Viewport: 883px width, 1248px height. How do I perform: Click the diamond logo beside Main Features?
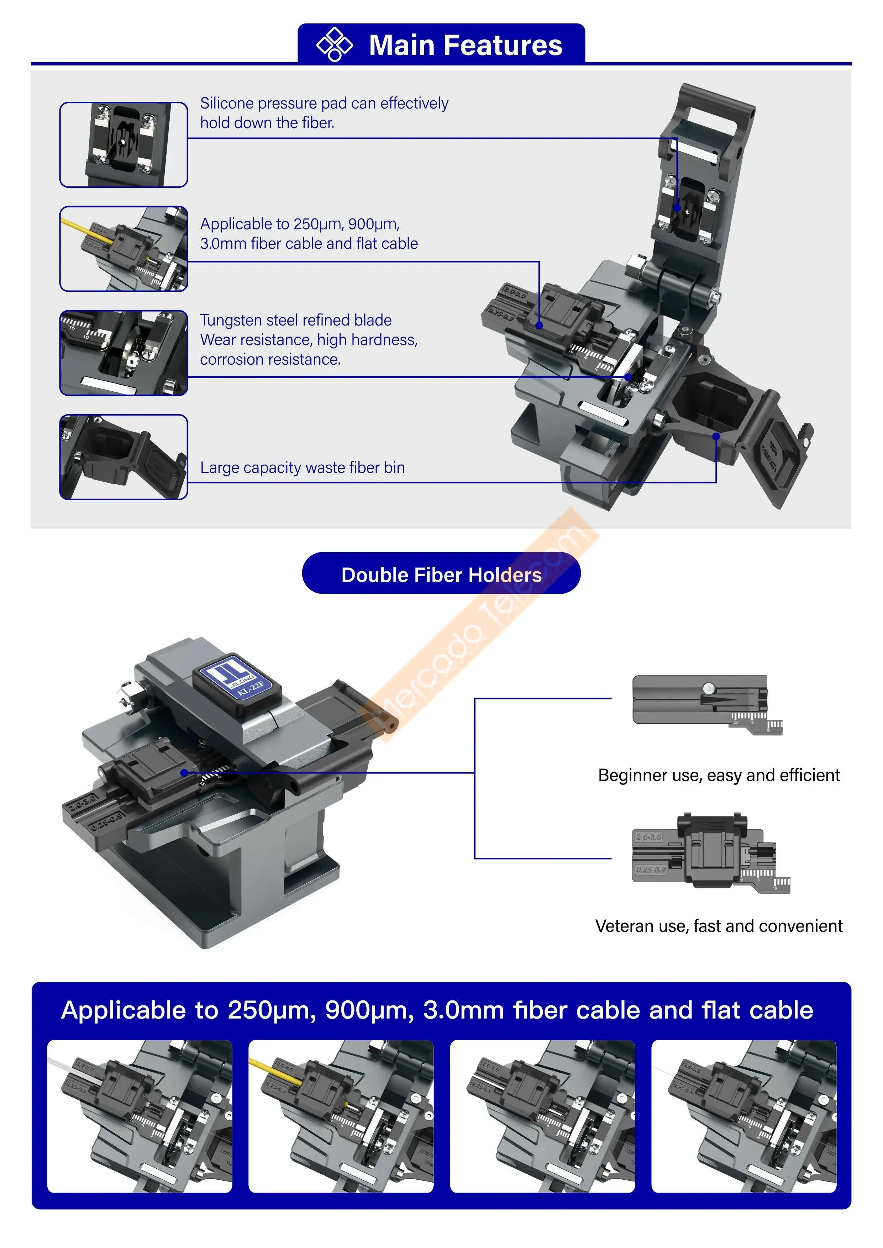click(335, 44)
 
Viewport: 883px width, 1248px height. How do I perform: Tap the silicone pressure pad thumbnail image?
click(123, 144)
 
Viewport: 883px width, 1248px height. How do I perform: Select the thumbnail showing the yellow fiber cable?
click(123, 249)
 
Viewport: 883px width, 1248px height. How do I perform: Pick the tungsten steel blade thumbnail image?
click(123, 353)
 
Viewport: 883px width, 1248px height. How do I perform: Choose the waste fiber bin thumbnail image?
click(123, 457)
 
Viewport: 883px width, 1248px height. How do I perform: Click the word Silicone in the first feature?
click(227, 103)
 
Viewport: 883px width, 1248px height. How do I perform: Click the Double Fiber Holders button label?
click(441, 575)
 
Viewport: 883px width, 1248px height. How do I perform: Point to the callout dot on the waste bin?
click(716, 436)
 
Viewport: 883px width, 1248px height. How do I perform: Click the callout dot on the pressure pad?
click(678, 208)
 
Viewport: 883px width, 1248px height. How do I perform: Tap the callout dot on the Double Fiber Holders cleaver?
click(184, 772)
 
